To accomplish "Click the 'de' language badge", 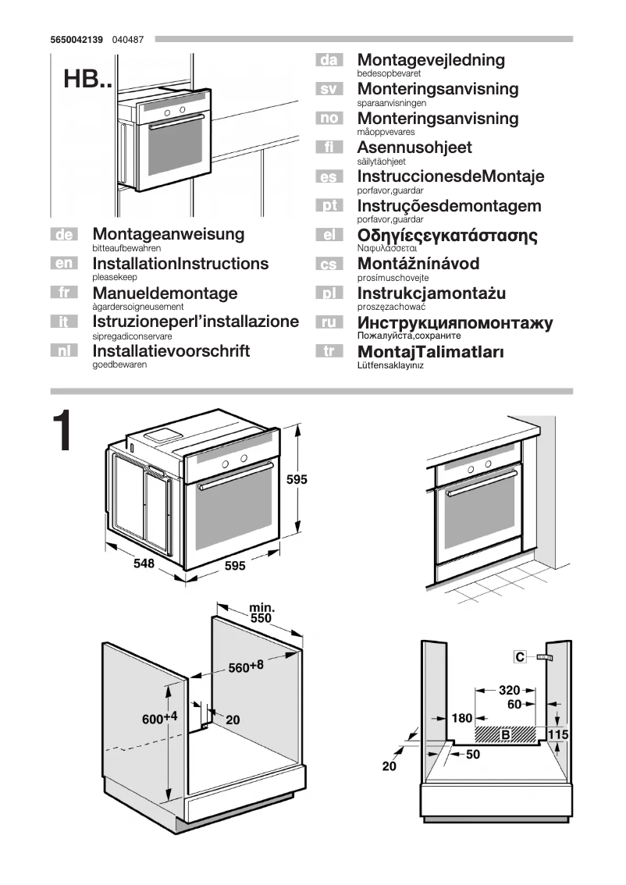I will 65,234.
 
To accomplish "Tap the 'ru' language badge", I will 329,322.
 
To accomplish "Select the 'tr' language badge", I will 329,352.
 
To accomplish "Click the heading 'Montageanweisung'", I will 168,234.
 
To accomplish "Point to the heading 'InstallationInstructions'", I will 180,264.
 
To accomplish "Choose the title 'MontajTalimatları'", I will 430,352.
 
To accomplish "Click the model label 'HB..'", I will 87,81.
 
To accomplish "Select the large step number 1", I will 63,432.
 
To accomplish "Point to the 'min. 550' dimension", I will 261,613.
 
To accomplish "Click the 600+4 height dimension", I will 160,718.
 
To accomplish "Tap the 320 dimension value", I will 509,690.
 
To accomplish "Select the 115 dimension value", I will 557,735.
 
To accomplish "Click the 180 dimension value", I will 462,718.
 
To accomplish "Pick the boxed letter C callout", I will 520,657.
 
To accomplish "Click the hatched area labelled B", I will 506,734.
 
